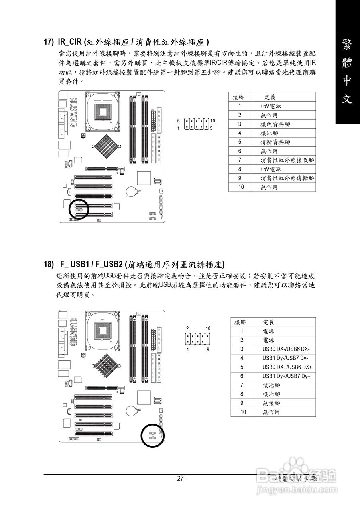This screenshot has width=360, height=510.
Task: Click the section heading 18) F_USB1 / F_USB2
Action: (x=134, y=264)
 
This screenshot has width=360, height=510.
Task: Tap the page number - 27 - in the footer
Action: (x=180, y=479)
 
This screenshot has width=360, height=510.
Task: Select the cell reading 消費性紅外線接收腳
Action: (x=287, y=160)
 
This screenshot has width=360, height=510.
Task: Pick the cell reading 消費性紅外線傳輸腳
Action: (x=287, y=178)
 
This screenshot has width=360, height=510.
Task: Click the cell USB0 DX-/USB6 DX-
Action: (x=286, y=349)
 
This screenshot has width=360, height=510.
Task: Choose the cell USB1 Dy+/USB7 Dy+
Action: (x=286, y=376)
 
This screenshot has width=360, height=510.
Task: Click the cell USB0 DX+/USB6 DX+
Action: (x=287, y=367)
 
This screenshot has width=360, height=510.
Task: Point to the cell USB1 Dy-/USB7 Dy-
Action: (x=285, y=358)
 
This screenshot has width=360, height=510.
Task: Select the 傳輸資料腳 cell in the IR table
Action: (x=275, y=142)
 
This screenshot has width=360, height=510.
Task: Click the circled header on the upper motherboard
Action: (x=79, y=209)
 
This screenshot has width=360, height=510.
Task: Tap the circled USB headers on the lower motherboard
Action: (x=152, y=435)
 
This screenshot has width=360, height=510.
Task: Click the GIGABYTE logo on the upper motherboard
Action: (x=73, y=113)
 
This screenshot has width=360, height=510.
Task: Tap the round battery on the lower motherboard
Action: (x=132, y=410)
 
